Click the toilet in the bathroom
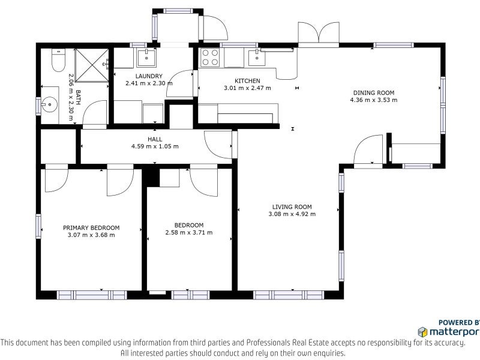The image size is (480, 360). coord(58,59)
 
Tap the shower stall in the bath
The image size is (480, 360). coord(92,65)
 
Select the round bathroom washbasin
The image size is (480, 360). coord(49,104)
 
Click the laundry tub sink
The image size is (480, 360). coord(146,58)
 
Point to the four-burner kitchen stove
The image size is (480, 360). coord(210,57)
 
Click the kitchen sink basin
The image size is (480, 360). coord(257,58)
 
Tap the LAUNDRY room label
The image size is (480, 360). coord(149,76)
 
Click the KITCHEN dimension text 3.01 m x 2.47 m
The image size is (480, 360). coord(247,88)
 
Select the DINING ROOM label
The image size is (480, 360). coord(374,93)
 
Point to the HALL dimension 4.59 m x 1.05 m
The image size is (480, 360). coord(155,146)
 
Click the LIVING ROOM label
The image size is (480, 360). coord(292,207)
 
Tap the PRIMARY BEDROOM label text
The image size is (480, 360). coord(91,228)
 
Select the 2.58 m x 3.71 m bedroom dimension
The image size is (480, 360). coord(189,233)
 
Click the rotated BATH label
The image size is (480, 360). coord(78,97)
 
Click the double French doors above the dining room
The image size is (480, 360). coord(319,34)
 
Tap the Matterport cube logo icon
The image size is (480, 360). coord(422,332)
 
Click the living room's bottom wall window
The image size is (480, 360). coord(289,295)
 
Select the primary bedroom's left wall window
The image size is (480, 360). coord(38,227)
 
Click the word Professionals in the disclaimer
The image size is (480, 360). coord(268,343)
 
